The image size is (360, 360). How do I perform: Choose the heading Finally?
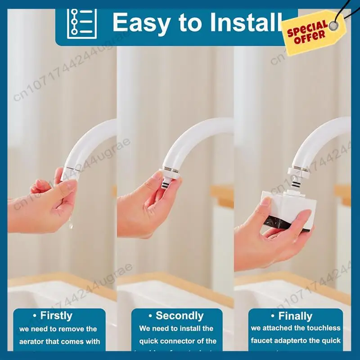295,315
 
